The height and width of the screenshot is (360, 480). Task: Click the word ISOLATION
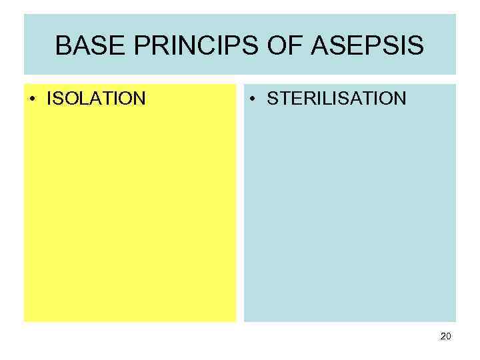(x=95, y=99)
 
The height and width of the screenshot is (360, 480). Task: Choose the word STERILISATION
(x=336, y=99)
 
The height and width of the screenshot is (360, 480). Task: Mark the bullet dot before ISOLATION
(x=33, y=99)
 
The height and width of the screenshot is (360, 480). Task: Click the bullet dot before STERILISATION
(x=253, y=99)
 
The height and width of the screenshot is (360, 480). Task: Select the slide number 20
(x=446, y=337)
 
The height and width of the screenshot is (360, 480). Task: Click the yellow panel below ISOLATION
(x=130, y=213)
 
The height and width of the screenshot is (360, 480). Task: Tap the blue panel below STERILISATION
(x=350, y=213)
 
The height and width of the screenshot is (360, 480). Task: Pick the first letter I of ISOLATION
(x=49, y=99)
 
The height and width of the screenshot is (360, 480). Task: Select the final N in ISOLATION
(x=139, y=99)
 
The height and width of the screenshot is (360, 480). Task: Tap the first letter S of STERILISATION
(x=272, y=99)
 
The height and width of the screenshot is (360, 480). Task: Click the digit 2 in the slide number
(x=443, y=337)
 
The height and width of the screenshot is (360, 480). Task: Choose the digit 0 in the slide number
(x=449, y=337)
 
